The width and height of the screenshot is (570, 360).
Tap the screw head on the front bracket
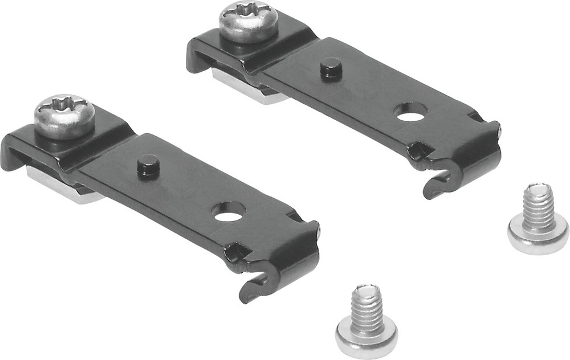click(x=64, y=116)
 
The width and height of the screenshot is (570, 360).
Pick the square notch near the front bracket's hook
click(x=235, y=251)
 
